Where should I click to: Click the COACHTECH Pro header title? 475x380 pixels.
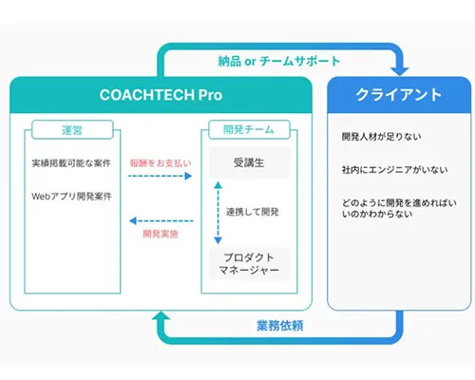(x=160, y=96)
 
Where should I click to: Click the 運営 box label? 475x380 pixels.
(x=69, y=129)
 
